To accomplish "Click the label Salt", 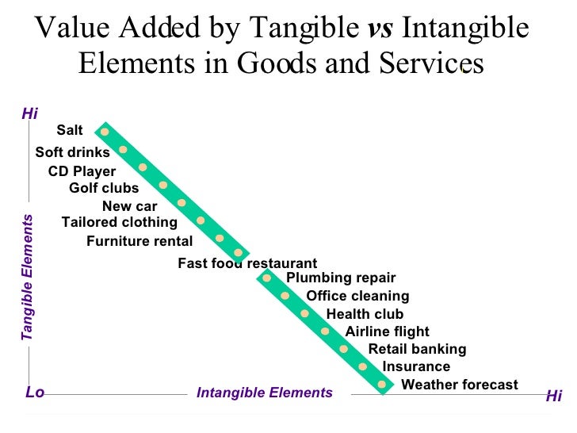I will [70, 131].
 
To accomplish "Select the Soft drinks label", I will [72, 152].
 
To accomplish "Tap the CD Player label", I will [82, 171].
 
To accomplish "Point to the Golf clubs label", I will [104, 188].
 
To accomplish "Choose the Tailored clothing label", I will [120, 222].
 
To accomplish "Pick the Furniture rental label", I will [139, 241].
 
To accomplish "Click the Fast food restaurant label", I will [246, 263].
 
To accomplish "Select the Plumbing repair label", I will [340, 278].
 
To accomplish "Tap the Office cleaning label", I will [357, 296].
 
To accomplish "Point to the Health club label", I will [365, 314].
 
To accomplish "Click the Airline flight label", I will [387, 331].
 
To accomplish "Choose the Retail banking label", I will [417, 349].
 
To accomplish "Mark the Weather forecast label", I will [460, 385].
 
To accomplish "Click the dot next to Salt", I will [105, 131].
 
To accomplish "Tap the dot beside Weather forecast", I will [382, 385].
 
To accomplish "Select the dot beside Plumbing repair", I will [268, 278].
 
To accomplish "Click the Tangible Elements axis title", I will [27, 278].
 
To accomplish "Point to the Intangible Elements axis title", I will [264, 393].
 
